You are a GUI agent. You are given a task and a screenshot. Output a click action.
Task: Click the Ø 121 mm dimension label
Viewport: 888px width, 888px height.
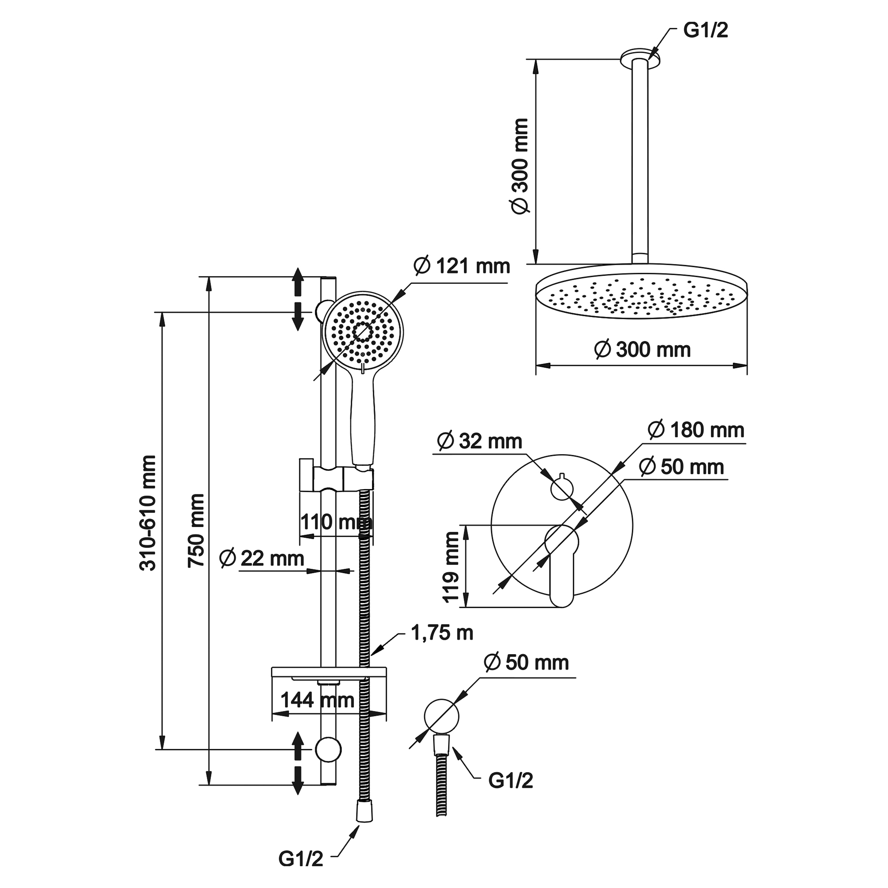coord(462,266)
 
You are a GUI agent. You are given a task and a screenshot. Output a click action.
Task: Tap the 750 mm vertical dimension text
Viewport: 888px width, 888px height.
coord(196,530)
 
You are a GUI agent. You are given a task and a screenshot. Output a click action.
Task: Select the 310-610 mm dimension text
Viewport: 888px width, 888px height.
coord(148,513)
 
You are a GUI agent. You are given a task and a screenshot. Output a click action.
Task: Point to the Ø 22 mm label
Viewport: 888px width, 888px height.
coord(262,558)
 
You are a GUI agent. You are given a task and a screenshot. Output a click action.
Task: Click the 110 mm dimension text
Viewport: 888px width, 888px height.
coord(336,522)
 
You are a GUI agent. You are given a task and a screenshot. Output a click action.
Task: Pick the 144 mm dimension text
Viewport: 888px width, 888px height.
coord(317,700)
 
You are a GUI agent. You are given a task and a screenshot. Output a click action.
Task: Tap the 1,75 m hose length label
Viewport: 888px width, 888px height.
coord(442,633)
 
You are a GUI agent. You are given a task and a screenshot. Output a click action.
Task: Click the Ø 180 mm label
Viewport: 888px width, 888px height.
coord(696,430)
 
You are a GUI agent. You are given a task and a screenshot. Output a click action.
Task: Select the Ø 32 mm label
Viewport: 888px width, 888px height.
coord(479,441)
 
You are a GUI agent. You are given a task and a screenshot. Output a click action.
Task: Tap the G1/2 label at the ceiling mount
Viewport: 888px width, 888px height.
coord(706,30)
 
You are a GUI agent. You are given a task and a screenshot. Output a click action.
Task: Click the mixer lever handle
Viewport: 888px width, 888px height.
coord(561,565)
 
